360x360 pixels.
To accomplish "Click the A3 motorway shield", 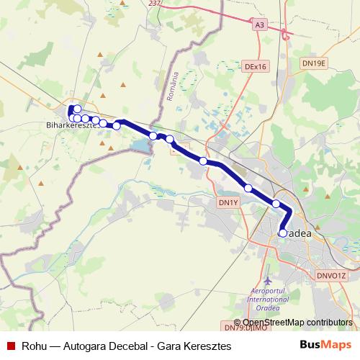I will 260,24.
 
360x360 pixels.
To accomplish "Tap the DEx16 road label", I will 256,66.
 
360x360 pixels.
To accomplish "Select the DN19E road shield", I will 313,63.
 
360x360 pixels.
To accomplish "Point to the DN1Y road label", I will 228,202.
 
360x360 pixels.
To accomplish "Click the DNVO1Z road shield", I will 332,275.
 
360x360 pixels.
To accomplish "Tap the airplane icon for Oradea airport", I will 269,279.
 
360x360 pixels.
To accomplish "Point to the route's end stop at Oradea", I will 282,233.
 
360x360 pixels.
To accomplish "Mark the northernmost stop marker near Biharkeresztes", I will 78,109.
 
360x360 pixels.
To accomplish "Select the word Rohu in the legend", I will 35,346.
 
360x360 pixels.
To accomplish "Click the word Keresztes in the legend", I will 207,346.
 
